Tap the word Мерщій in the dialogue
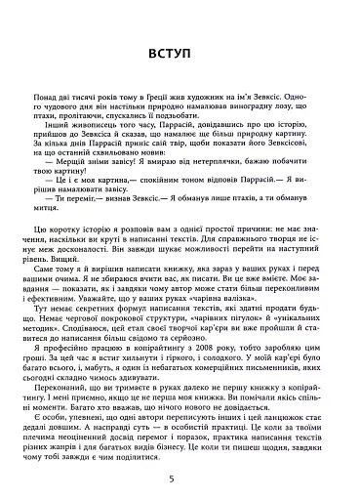click(x=81, y=187)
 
